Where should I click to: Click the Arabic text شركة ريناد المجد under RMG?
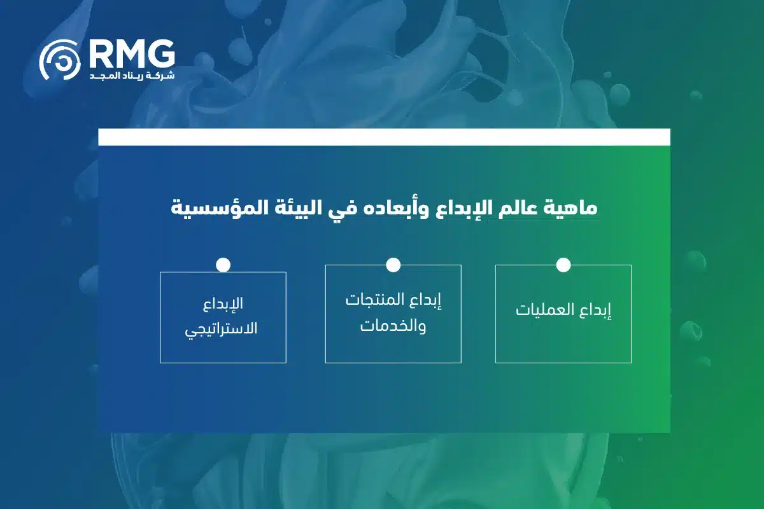coord(132,76)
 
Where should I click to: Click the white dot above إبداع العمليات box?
coord(563,265)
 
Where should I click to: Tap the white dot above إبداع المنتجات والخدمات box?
coord(393,265)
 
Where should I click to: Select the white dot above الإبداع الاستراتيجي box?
coord(223,265)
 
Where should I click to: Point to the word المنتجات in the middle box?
coord(379,300)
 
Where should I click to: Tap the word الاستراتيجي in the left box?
coord(223,331)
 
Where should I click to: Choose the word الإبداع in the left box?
coord(223,304)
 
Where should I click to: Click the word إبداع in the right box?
coord(597,311)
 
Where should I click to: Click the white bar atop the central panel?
coord(384,137)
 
